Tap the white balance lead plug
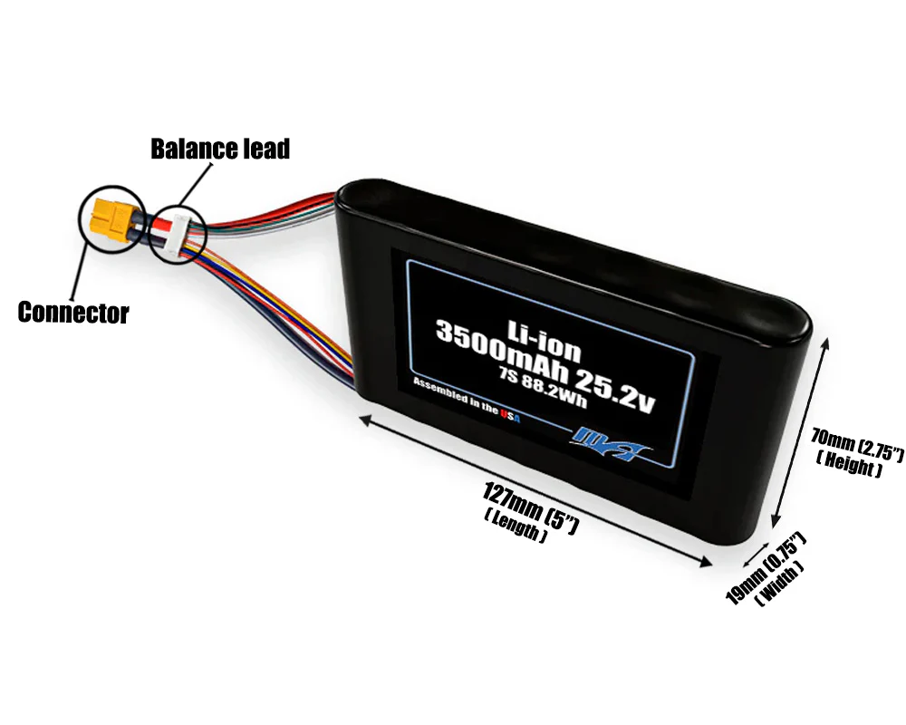(x=178, y=232)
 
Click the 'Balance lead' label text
(x=220, y=149)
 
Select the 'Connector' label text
(x=73, y=314)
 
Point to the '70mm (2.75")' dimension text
(x=856, y=444)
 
